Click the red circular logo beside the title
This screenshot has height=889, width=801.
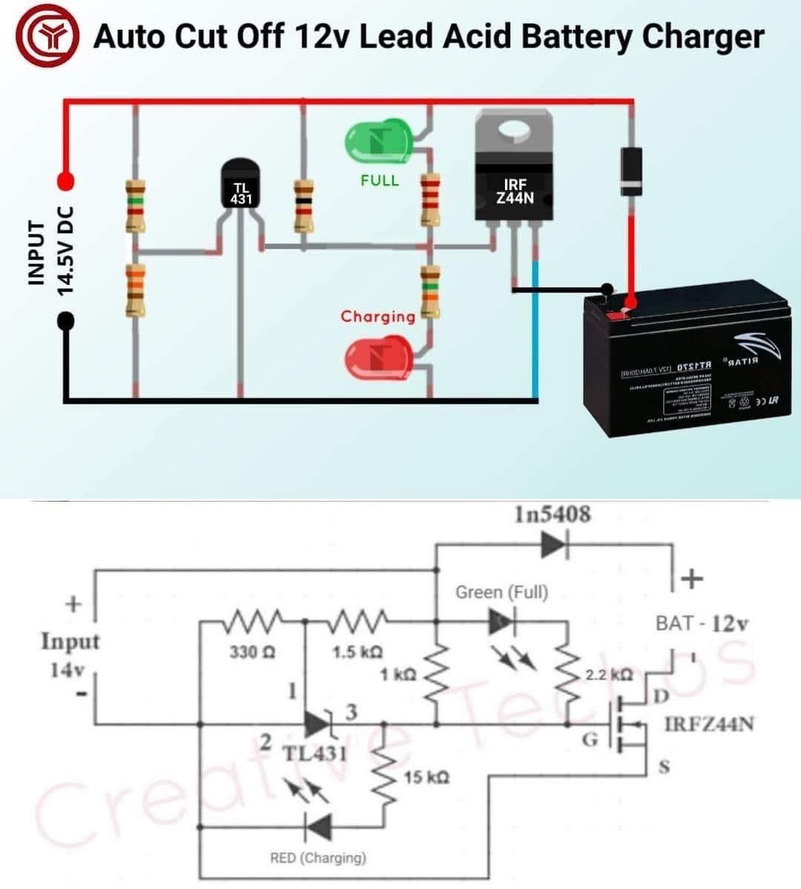48,37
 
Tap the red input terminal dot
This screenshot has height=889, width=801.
66,180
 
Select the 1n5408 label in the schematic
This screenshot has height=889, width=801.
553,514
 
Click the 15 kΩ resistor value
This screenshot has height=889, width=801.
426,777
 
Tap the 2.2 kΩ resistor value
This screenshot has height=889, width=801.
609,675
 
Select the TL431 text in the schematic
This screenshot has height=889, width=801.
314,753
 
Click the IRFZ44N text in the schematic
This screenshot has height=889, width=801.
709,724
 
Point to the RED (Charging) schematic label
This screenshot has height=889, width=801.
317,858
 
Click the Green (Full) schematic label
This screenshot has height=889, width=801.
501,592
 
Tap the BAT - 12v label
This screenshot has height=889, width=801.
702,623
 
